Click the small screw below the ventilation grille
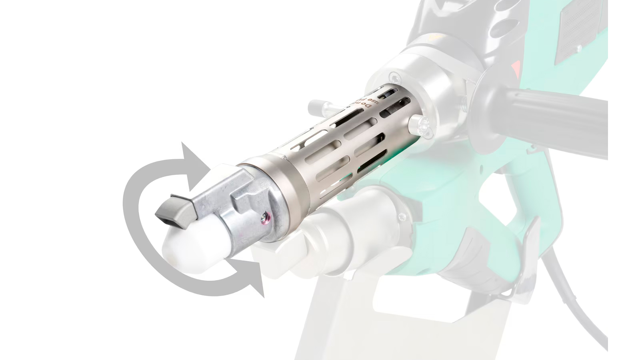[578, 48]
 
